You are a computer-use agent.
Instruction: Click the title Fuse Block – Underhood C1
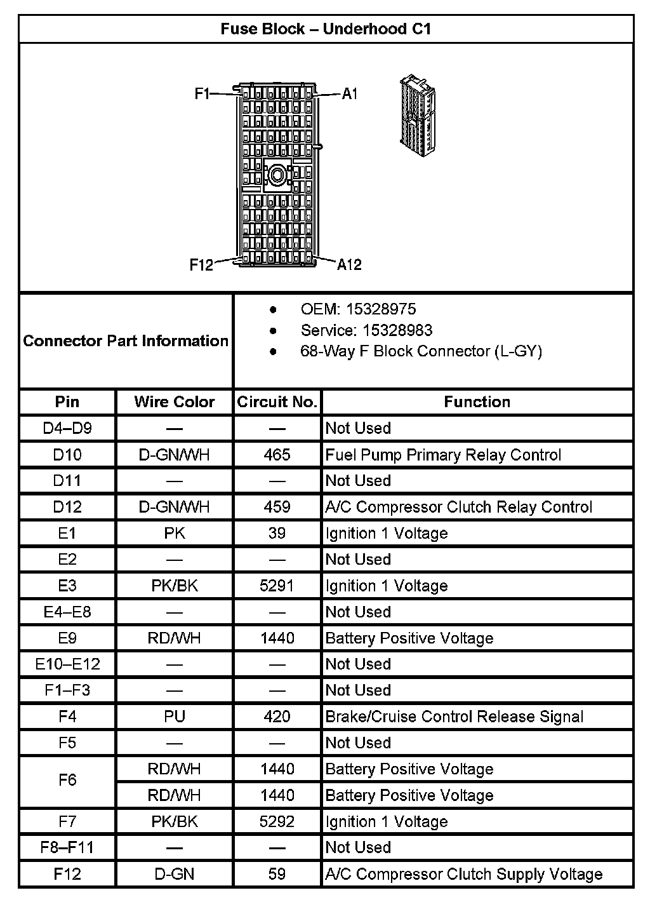click(326, 29)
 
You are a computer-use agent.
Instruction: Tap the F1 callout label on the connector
click(202, 94)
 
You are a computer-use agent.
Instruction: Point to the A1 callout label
click(350, 94)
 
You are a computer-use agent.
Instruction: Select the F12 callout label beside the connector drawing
click(201, 264)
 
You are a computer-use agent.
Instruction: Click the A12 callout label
click(349, 264)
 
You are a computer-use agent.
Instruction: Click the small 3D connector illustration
click(419, 117)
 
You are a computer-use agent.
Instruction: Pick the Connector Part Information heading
click(126, 341)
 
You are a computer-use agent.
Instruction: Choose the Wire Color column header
click(175, 402)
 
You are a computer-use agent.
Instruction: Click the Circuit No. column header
click(277, 402)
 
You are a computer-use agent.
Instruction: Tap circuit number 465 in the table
click(277, 455)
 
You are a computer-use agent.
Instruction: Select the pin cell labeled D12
click(67, 507)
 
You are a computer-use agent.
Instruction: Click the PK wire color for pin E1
click(175, 534)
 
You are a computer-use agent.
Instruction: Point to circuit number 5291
click(277, 586)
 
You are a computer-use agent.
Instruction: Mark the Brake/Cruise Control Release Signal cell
click(454, 717)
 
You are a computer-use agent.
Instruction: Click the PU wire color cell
click(175, 717)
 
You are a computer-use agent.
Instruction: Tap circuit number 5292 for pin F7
click(277, 821)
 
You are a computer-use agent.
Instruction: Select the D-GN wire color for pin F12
click(175, 874)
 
